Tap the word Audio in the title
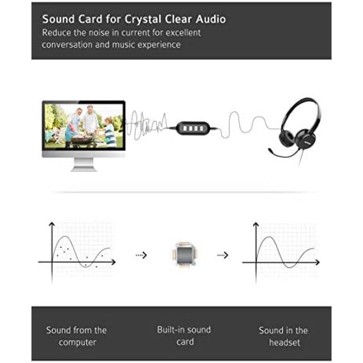coord(211,19)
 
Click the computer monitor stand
coord(84,165)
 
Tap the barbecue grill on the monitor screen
coord(82,139)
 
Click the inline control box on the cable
coord(193,128)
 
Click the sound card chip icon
coord(184,255)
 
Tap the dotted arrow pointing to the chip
coord(141,255)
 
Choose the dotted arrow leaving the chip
coord(223,255)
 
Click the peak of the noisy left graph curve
coord(65,236)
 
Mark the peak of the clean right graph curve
coord(269,237)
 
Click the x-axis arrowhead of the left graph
coord(113,262)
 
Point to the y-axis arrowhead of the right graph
coord(256,225)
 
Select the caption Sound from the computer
coord(76,336)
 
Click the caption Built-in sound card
coord(184,336)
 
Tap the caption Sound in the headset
coord(284,336)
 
